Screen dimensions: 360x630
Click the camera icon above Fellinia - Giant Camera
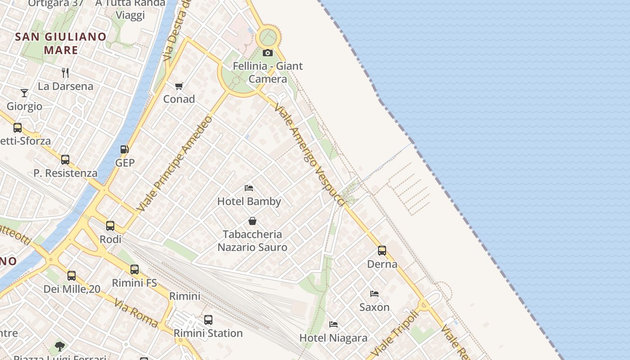coord(268,53)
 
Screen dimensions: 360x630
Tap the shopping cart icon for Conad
coord(179,86)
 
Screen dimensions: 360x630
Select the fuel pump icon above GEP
coord(125,149)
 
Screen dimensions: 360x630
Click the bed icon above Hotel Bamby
coord(249,188)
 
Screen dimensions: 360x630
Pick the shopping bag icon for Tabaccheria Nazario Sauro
coord(252,221)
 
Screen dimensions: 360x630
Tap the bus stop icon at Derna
coord(382,251)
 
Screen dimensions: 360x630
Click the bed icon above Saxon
coord(374,294)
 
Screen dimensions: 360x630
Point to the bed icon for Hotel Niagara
coord(333,324)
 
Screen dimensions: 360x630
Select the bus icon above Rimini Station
coord(208,320)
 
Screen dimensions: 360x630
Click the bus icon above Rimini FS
coord(135,270)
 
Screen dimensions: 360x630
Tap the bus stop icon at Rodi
coord(110,226)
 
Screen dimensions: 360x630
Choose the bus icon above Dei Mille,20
coord(72,275)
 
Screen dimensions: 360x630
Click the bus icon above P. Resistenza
coord(65,160)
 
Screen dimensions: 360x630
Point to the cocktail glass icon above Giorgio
coord(24,93)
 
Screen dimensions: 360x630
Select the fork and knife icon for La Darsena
coord(66,72)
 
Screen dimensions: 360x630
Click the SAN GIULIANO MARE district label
coord(61,43)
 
